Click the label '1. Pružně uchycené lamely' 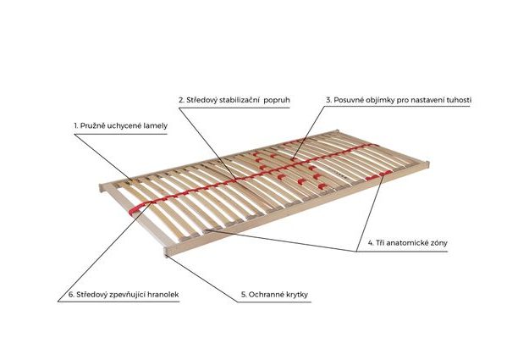click(x=120, y=125)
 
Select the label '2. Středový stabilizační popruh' click(x=234, y=100)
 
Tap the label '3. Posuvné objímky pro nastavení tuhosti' click(x=399, y=100)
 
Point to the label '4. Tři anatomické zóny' click(x=407, y=243)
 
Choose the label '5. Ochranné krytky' click(x=273, y=295)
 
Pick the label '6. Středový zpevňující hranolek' click(x=123, y=295)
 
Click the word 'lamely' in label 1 click(x=154, y=125)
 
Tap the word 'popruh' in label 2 click(x=277, y=100)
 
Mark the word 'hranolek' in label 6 click(x=162, y=295)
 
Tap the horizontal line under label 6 click(x=123, y=303)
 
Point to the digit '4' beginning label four click(x=370, y=243)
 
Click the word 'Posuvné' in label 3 click(x=350, y=100)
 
